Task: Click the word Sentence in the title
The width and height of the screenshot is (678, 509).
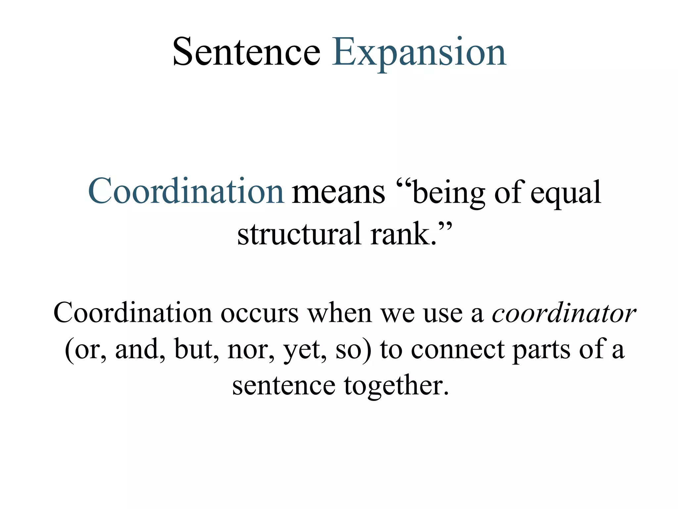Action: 246,52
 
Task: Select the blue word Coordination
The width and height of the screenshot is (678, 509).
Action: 186,191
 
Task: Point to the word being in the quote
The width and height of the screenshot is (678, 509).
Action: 449,194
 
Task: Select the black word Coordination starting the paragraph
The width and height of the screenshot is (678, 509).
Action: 132,313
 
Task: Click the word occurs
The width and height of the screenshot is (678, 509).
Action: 260,313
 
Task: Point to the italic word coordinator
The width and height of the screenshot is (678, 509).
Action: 563,313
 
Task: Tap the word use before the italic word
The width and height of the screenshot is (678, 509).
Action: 443,313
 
